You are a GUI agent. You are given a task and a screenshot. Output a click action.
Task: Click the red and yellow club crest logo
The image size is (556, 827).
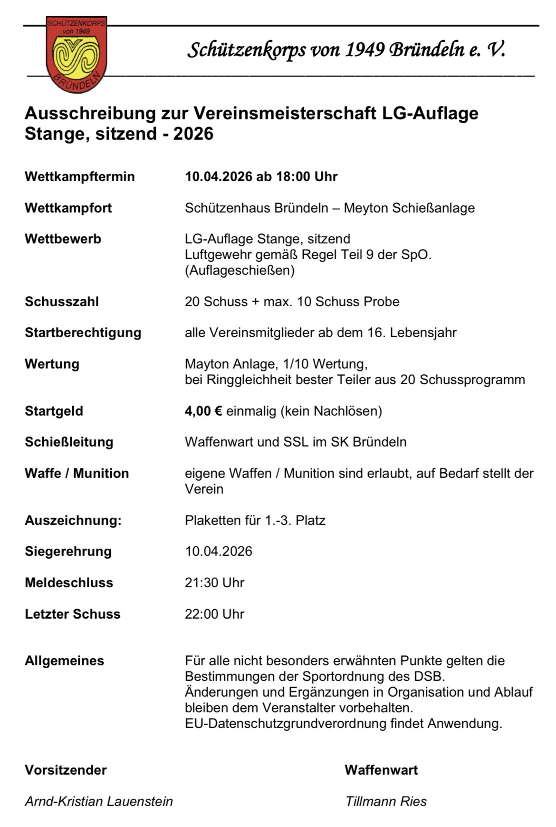(x=77, y=53)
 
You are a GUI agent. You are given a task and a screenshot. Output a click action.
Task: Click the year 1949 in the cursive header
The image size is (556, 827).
(x=364, y=50)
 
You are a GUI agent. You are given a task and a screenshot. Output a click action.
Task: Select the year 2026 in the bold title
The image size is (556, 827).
(x=193, y=134)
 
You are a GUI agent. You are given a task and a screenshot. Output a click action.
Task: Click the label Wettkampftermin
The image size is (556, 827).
(x=80, y=176)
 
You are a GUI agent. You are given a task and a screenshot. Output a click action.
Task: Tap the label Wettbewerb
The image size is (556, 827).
(x=63, y=239)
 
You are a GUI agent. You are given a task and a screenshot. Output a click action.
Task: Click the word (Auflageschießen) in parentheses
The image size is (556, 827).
(x=240, y=270)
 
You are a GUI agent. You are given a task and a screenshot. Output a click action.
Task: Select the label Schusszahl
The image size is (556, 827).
(x=62, y=302)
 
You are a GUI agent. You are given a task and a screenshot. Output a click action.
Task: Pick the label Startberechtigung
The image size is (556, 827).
(x=83, y=332)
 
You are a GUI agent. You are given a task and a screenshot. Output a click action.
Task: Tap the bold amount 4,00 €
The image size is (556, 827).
(x=203, y=411)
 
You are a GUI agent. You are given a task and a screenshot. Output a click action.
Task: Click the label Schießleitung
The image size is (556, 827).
(x=69, y=442)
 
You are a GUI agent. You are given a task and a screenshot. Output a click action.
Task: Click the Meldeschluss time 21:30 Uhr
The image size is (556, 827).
(x=214, y=583)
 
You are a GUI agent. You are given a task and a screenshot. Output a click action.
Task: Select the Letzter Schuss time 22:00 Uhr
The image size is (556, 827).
(x=214, y=614)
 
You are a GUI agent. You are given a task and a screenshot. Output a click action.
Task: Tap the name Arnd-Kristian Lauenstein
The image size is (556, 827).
(x=99, y=801)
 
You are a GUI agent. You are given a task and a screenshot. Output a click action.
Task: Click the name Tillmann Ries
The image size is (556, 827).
(x=386, y=801)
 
